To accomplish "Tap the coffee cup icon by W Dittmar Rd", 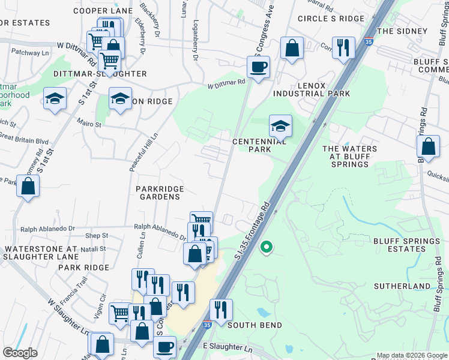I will [259, 67].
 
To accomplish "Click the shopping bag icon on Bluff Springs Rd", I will [428, 146].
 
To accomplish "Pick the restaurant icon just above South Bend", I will [221, 310].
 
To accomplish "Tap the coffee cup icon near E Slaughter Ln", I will [164, 347].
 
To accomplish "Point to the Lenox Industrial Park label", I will [312, 89].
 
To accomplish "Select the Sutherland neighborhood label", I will [402, 287].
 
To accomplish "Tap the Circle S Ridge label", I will [331, 19].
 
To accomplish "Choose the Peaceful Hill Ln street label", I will [135, 152].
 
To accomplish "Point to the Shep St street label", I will [96, 236].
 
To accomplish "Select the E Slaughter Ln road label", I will [228, 347].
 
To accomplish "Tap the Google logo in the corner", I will [20, 353].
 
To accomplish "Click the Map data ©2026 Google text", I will [411, 355].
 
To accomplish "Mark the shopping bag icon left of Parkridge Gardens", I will [28, 186].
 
